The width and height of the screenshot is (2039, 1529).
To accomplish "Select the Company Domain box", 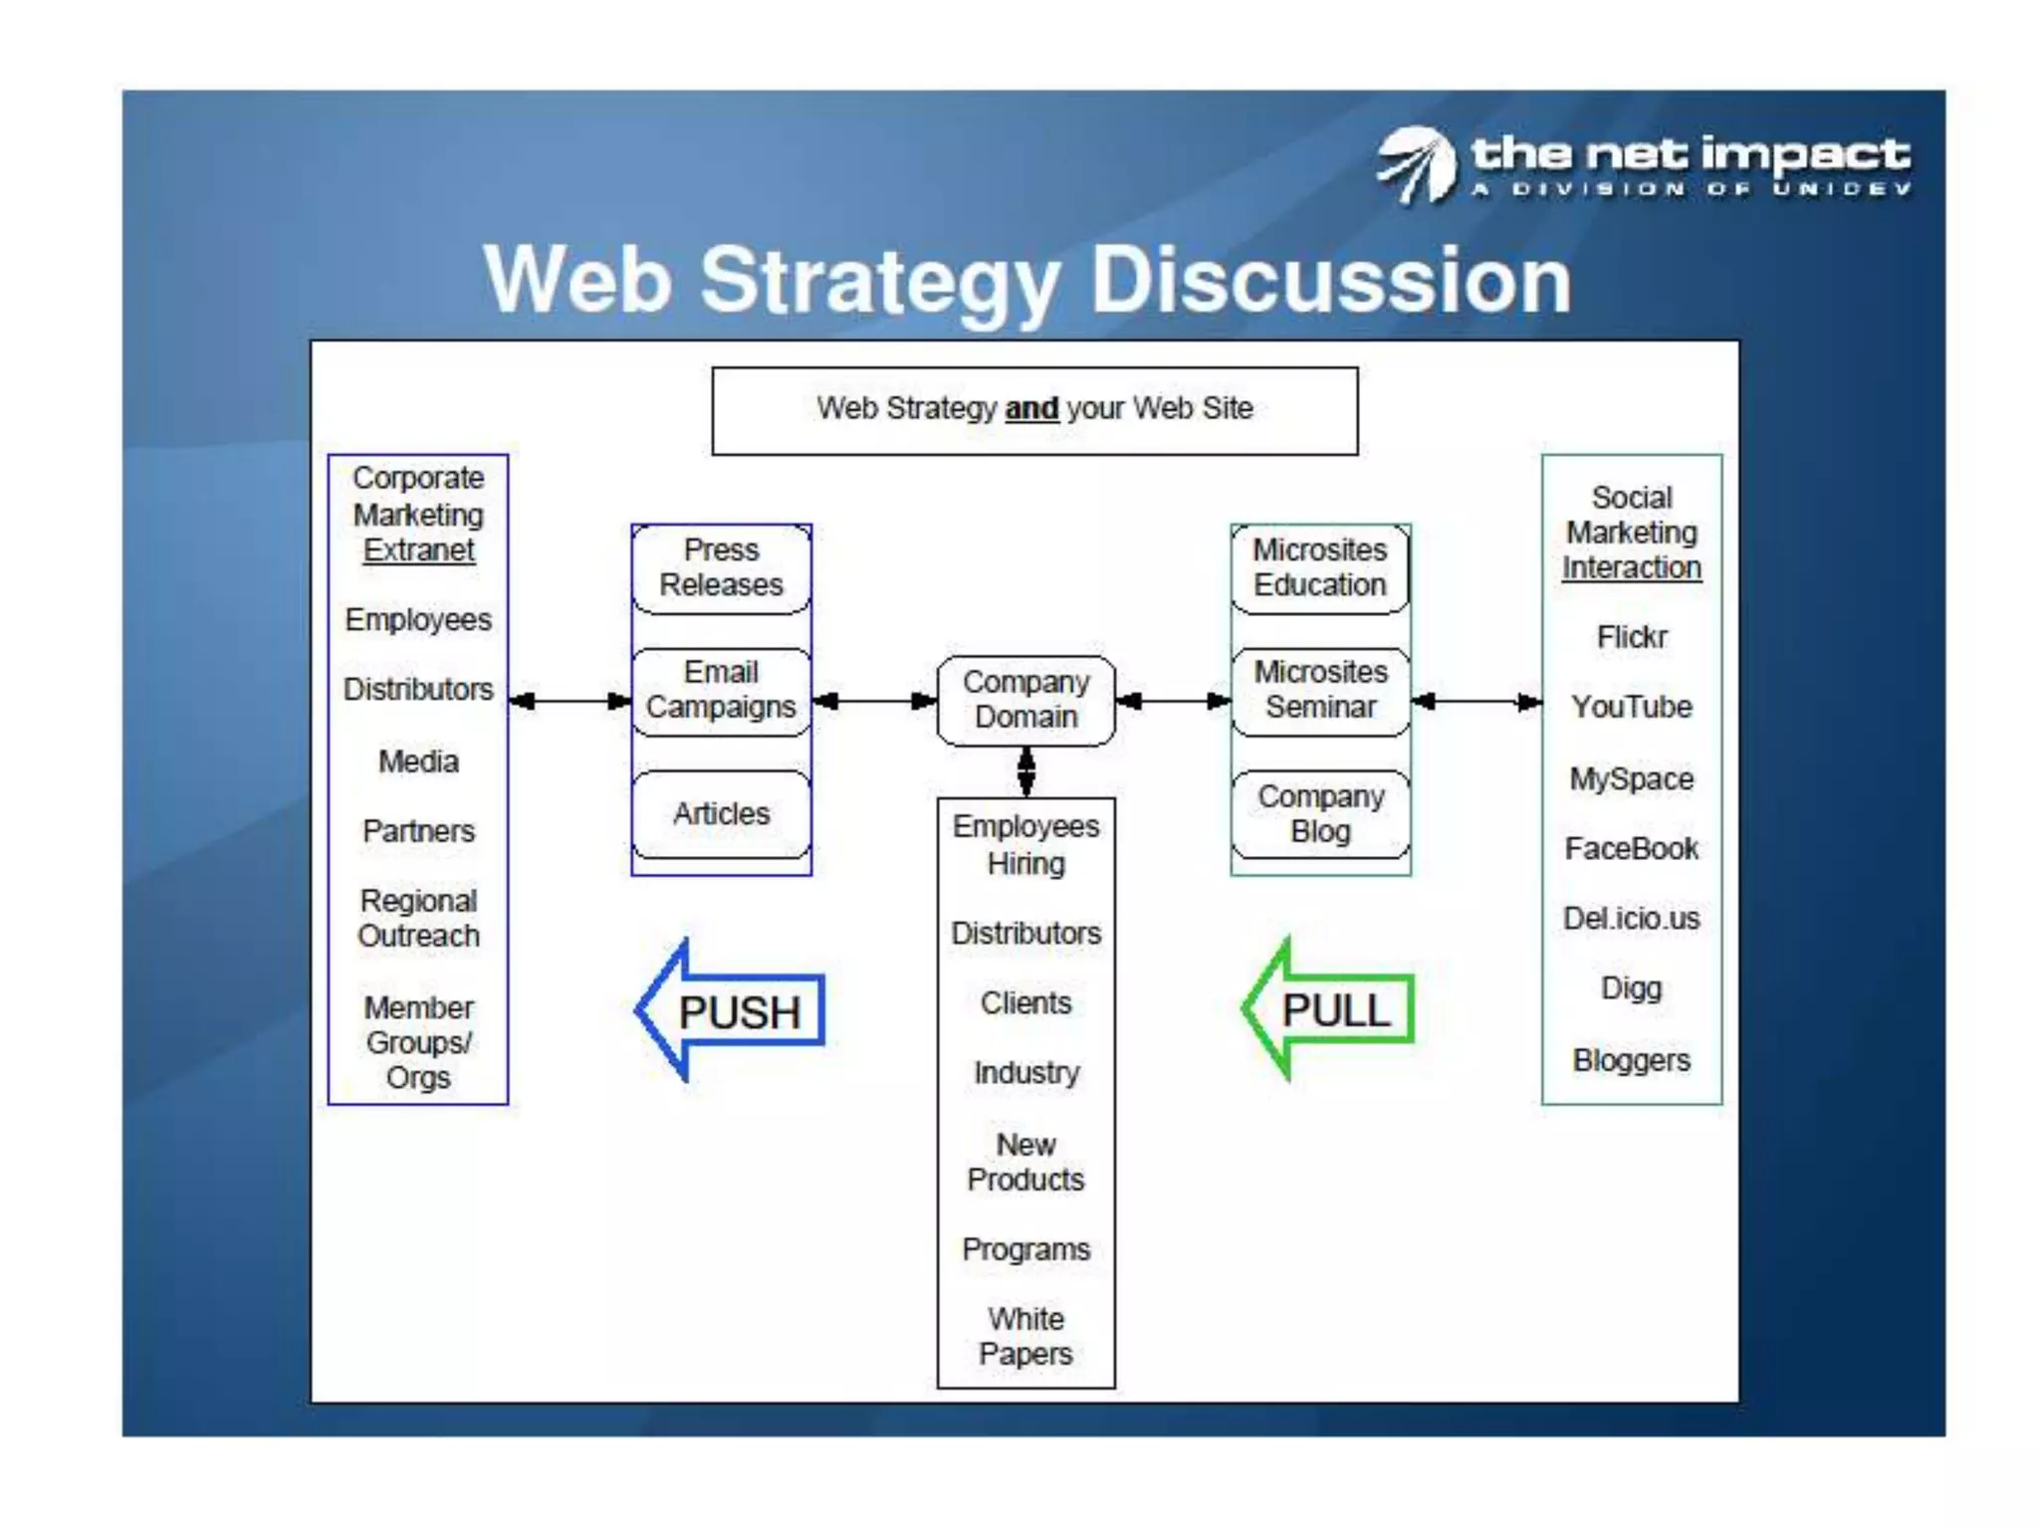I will pos(1025,700).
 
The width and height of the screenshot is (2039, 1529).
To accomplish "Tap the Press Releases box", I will pos(721,567).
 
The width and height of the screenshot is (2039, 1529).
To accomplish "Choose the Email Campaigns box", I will pos(721,690).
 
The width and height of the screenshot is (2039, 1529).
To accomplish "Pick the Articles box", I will pos(721,813).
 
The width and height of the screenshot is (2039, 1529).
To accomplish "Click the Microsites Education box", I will pos(1320,567).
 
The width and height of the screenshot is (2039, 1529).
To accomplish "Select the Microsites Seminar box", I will pos(1320,690).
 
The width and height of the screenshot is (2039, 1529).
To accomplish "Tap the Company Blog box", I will pos(1320,813).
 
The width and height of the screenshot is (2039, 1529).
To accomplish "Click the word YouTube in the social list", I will pos(1631,707).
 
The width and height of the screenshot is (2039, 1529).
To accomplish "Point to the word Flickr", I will pos(1631,637).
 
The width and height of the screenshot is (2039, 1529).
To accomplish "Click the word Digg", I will pos(1631,988).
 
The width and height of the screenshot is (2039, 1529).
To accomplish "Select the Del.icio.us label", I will pos(1631,918).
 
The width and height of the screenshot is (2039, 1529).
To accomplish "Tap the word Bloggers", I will pos(1631,1060).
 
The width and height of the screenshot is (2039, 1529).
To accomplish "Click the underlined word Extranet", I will pos(418,550).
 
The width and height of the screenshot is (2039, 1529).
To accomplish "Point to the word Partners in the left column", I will pos(418,831).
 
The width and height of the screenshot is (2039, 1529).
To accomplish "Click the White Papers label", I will pos(1025,1336).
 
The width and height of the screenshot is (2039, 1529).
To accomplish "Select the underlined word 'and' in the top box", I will pos(1031,408).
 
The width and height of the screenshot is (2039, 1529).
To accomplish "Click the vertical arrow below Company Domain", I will pos(1025,771).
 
